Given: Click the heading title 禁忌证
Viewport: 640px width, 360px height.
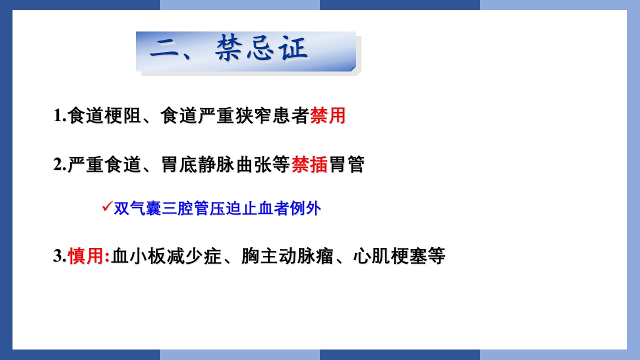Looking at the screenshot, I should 262,50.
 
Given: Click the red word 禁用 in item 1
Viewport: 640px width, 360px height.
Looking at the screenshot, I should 328,116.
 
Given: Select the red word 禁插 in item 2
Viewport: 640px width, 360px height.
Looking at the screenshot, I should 309,164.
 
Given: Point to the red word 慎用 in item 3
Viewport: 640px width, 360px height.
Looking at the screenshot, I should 86,256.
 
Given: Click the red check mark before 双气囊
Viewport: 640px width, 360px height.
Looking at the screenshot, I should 106,206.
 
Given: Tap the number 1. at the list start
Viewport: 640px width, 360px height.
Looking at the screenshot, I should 60,116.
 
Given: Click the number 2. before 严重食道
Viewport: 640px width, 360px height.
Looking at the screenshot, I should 60,164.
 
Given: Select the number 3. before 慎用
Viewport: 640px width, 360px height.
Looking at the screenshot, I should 60,256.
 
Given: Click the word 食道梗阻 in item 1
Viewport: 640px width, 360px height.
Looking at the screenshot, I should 104,116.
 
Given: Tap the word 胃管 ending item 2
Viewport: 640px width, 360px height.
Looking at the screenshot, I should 346,164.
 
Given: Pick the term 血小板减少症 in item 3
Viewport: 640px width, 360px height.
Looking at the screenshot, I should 166,256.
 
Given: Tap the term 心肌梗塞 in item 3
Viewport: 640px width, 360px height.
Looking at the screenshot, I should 390,256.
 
